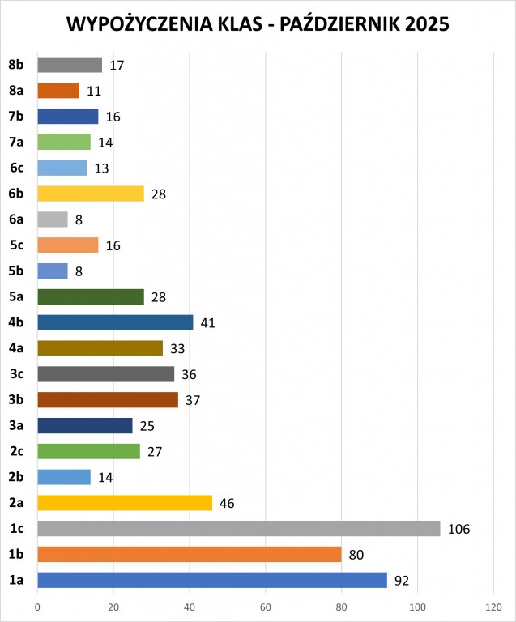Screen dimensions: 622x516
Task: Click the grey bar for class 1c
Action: [238, 528]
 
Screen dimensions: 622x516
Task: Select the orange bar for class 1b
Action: [189, 554]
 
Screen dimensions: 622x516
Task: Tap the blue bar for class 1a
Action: [211, 580]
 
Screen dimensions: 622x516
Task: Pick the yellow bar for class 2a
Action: [124, 502]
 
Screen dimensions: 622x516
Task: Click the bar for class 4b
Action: [115, 322]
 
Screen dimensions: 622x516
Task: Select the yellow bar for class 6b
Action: [90, 194]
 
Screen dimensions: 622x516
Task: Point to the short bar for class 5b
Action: [53, 271]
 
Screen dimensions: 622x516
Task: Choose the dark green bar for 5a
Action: [90, 296]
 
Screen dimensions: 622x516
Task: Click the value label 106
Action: [458, 529]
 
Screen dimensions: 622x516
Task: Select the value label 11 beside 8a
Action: [94, 91]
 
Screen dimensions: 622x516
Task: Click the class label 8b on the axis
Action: [16, 65]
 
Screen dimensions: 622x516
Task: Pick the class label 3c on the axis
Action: [16, 374]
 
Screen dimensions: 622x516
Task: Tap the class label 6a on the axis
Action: [16, 219]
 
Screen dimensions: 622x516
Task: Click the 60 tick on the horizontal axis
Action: [265, 607]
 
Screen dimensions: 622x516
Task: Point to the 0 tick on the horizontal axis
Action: [37, 607]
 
